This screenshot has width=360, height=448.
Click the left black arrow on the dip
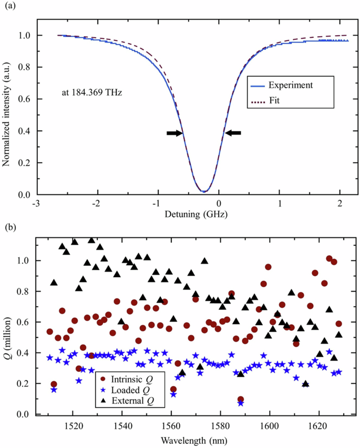pos(175,133)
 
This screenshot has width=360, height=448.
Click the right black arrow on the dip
pos(233,133)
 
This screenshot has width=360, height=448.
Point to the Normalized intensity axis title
pos(7,110)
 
